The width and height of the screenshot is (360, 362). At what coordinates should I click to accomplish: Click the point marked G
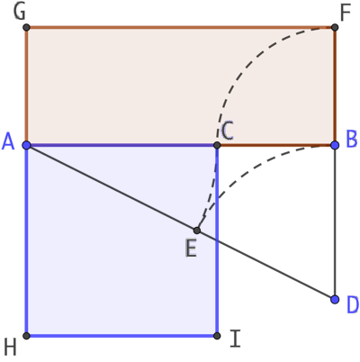click(x=26, y=28)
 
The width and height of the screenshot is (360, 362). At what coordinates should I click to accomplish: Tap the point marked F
click(x=335, y=28)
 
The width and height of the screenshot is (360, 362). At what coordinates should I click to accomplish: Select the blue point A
click(x=26, y=146)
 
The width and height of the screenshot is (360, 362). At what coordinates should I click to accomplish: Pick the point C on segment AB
click(x=217, y=146)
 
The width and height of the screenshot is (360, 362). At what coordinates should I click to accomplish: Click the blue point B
click(x=335, y=145)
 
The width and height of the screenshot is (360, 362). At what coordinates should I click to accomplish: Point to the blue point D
click(x=335, y=299)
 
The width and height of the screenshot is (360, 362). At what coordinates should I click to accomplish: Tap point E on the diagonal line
click(x=197, y=231)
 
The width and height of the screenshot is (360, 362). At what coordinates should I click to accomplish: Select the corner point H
click(x=26, y=336)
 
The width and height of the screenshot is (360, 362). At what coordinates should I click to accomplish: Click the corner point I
click(x=217, y=336)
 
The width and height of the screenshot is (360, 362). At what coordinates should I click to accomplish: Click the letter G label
click(x=20, y=13)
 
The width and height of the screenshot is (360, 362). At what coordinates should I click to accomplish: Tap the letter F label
click(x=346, y=13)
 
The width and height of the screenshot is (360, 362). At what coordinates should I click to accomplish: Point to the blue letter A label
click(x=8, y=141)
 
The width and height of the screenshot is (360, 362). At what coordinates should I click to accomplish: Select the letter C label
click(x=228, y=131)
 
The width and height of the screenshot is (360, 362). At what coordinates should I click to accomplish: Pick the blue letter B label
click(x=352, y=140)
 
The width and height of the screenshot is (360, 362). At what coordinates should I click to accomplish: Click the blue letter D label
click(x=353, y=305)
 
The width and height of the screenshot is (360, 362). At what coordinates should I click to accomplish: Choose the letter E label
click(x=191, y=249)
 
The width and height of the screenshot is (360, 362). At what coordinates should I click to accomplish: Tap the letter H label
click(x=10, y=348)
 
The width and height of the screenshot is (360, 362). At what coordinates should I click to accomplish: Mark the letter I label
click(x=235, y=339)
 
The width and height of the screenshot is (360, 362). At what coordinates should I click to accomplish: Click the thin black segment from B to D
click(x=335, y=222)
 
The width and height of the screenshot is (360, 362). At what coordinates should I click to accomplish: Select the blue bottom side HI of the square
click(x=121, y=336)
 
